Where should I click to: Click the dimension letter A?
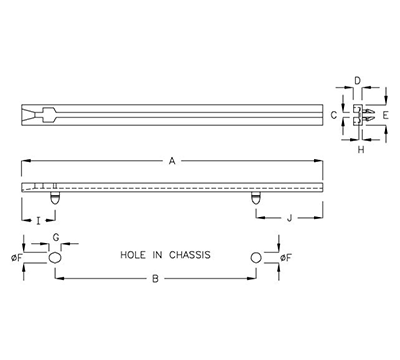[x=172, y=160]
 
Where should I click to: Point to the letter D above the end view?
[x=357, y=79]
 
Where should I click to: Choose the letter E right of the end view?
[x=384, y=115]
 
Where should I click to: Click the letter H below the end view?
[x=361, y=150]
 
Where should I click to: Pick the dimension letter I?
[x=39, y=217]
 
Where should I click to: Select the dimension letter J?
[x=289, y=217]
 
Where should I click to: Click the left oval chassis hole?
[x=56, y=258]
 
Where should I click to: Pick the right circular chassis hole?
[x=257, y=258]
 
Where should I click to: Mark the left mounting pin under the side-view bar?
[x=56, y=197]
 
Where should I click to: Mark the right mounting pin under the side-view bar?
[x=257, y=197]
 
